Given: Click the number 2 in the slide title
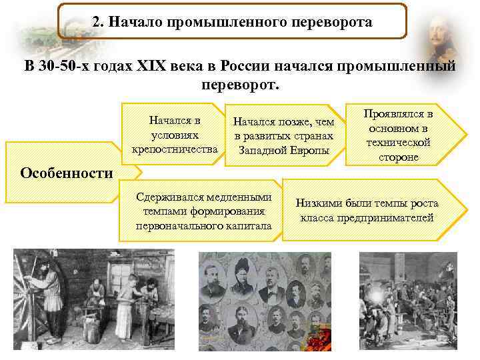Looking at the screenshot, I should [96, 22].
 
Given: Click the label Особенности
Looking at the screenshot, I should [67, 173].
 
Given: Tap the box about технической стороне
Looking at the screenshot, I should [399, 133].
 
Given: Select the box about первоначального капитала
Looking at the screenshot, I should [203, 211].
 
